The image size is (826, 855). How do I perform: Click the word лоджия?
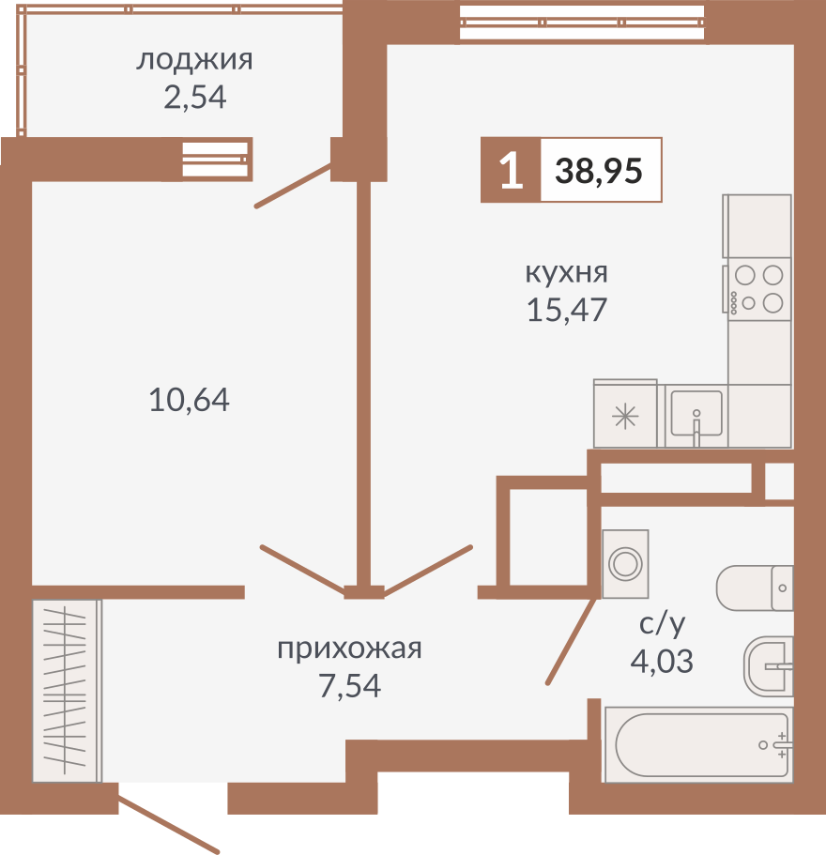tap(194, 61)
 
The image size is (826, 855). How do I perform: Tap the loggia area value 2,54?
tap(194, 97)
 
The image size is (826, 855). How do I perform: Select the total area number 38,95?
tap(599, 171)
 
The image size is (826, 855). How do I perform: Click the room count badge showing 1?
tap(511, 171)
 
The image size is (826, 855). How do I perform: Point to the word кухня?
tap(566, 273)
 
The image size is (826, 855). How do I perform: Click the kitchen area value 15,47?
tap(567, 309)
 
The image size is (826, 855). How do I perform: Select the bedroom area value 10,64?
tap(189, 401)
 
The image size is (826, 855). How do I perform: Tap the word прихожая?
tap(349, 649)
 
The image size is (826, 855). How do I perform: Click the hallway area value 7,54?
tap(349, 687)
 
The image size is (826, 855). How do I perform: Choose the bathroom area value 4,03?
tap(661, 662)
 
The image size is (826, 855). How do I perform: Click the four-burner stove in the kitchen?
tap(758, 289)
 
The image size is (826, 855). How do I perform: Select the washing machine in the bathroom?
tap(625, 563)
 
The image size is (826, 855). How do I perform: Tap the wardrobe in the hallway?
tap(66, 691)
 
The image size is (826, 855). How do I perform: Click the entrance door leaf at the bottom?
tap(169, 825)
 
